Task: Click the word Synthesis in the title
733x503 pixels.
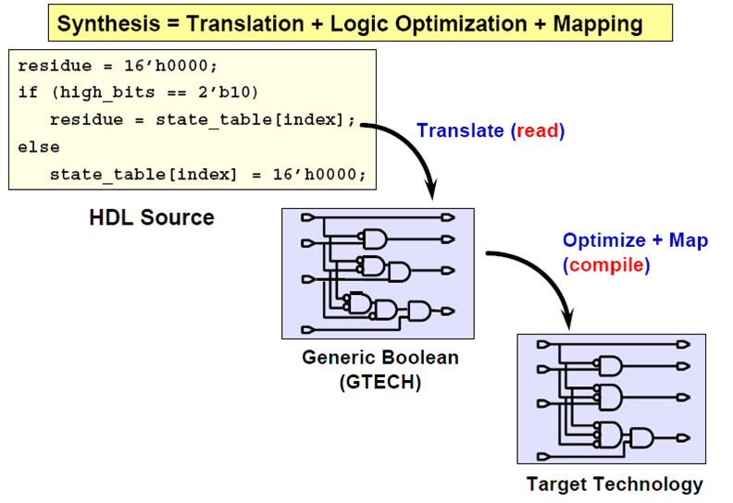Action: point(108,24)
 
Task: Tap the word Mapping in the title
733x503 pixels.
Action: point(598,24)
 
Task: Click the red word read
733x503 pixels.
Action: point(538,130)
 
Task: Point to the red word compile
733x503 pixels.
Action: point(606,265)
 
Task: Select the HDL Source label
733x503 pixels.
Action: point(152,217)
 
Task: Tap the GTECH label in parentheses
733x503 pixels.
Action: point(380,383)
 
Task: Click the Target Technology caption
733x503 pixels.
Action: point(615,485)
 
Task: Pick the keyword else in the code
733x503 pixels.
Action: point(39,148)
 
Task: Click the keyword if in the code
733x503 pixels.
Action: point(28,92)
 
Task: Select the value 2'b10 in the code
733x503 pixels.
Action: point(224,92)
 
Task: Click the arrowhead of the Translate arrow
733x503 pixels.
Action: point(431,190)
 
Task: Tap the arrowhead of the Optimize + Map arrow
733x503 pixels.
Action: point(568,318)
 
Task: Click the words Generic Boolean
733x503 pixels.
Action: point(380,358)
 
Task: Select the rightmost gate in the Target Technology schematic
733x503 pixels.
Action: point(641,438)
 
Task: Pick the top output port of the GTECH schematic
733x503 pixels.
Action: point(448,217)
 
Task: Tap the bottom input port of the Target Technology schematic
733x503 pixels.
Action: point(543,456)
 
